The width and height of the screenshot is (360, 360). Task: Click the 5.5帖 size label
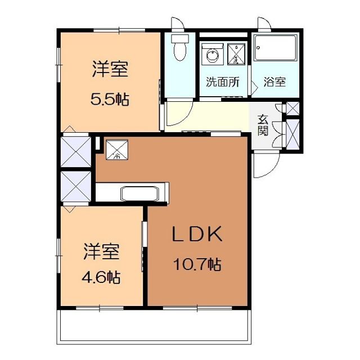click(x=110, y=100)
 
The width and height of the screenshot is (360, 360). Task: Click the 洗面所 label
click(x=222, y=82)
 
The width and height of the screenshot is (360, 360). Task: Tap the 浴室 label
click(x=274, y=82)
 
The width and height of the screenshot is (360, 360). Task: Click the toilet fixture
click(x=180, y=47)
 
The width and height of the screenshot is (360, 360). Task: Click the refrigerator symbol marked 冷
click(x=118, y=150)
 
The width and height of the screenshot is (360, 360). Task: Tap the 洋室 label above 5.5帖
click(x=110, y=70)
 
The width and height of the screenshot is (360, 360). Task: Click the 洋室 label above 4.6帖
click(x=102, y=251)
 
